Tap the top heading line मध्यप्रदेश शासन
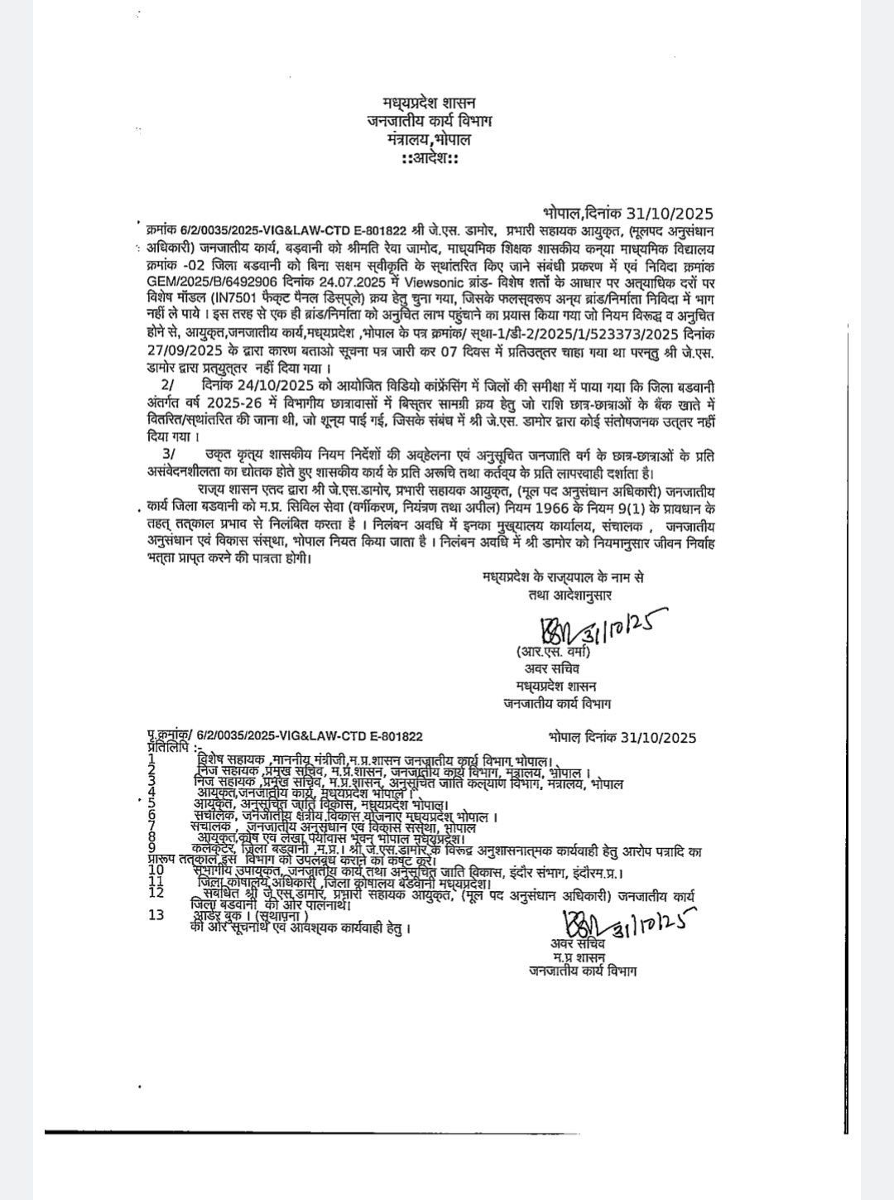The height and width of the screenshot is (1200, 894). point(429,102)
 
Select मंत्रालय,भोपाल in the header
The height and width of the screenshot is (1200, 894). point(429,139)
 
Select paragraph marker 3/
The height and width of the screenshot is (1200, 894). point(170,455)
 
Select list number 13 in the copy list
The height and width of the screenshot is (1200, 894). point(155,915)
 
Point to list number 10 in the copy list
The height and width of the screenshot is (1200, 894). point(155,870)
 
